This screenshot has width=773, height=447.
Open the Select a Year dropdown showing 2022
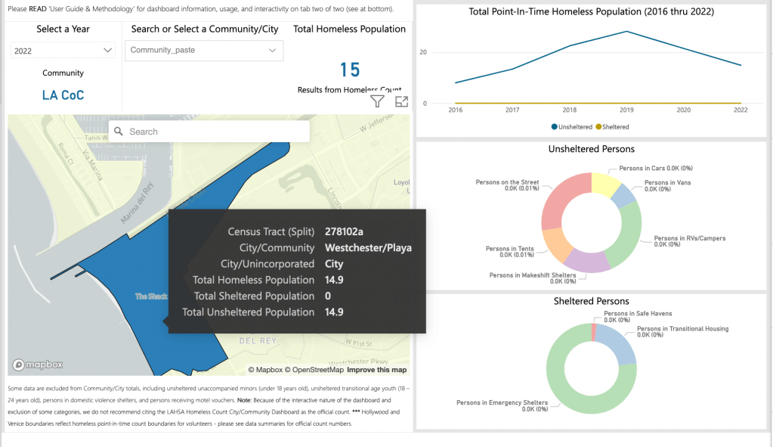click(x=63, y=51)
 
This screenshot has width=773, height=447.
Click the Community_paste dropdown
click(x=204, y=51)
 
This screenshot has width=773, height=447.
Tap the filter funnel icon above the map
click(x=378, y=101)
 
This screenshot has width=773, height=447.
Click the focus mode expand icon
click(x=401, y=101)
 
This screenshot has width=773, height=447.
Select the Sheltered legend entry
click(x=613, y=127)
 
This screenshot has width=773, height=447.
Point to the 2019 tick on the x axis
click(x=626, y=110)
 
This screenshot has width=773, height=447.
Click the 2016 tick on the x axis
click(x=456, y=110)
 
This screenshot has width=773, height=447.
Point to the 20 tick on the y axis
click(x=423, y=53)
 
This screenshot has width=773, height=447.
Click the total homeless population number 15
click(x=350, y=70)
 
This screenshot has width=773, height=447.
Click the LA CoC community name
click(x=63, y=95)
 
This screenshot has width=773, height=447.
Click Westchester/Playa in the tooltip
click(x=368, y=248)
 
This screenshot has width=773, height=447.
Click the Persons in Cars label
click(x=656, y=168)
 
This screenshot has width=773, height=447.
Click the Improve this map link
click(x=376, y=370)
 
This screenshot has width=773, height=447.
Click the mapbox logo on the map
click(x=38, y=365)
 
